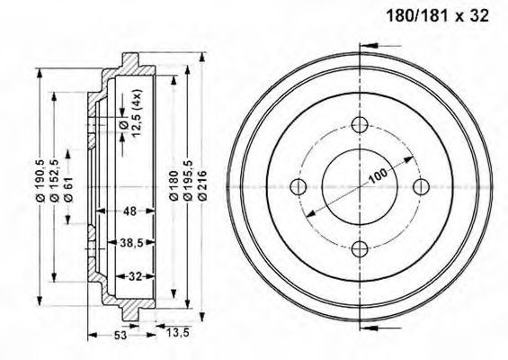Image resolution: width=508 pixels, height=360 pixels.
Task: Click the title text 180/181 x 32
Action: coord(437,15)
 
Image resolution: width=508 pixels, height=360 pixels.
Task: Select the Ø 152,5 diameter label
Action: coord(54,181)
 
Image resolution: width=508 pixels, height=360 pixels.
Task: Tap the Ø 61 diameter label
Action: coord(68,189)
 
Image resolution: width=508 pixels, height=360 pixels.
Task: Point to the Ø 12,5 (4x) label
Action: coord(132,113)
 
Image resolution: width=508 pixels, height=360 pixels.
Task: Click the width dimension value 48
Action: coord(129,211)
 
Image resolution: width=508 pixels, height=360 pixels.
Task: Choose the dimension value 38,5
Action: coord(131,243)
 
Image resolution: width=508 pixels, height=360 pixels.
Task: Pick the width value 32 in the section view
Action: coord(136,276)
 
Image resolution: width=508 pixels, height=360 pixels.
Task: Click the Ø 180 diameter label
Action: coord(174,185)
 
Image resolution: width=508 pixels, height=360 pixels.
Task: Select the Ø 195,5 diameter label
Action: coord(188,180)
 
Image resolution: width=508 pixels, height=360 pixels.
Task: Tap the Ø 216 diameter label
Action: coord(202,185)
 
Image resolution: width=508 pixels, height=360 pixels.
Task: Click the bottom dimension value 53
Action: coord(120,336)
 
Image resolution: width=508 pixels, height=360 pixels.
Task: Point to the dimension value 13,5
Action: coord(177,332)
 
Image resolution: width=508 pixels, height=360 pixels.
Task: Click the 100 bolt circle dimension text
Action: coord(379,175)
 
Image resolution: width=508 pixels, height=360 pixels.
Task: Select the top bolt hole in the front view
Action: coord(361,124)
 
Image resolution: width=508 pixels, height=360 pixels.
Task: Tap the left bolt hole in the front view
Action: coord(299,186)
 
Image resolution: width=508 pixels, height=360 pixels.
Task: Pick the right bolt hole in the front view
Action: coord(422,186)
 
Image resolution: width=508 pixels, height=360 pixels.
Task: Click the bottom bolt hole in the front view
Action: coord(361,248)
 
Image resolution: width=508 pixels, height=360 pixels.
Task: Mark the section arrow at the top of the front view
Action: coord(380,45)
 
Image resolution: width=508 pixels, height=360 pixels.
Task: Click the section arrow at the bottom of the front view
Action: coord(380,328)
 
